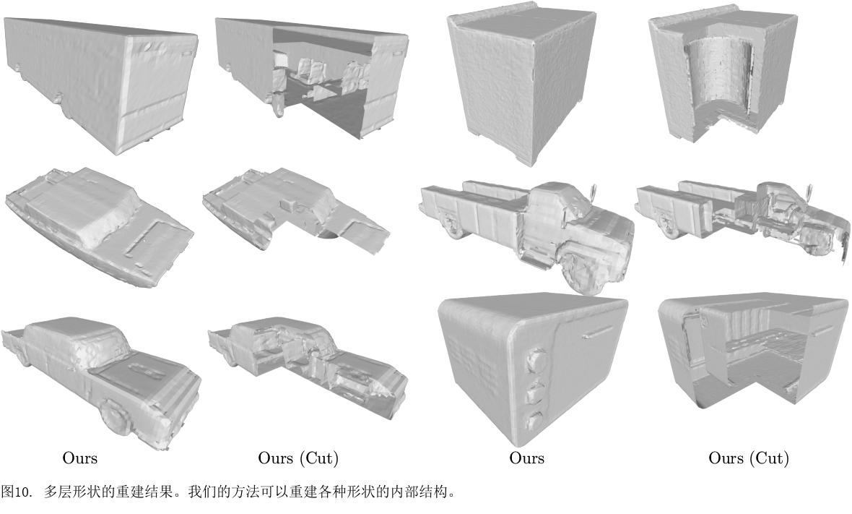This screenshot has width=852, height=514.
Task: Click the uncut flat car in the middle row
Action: (x=97, y=224)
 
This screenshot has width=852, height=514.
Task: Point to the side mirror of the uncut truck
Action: (x=594, y=192)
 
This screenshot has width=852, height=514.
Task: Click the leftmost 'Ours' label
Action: (x=79, y=458)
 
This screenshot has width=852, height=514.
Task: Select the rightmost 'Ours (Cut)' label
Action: (x=748, y=458)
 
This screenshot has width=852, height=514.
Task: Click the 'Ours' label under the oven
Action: (x=526, y=458)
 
